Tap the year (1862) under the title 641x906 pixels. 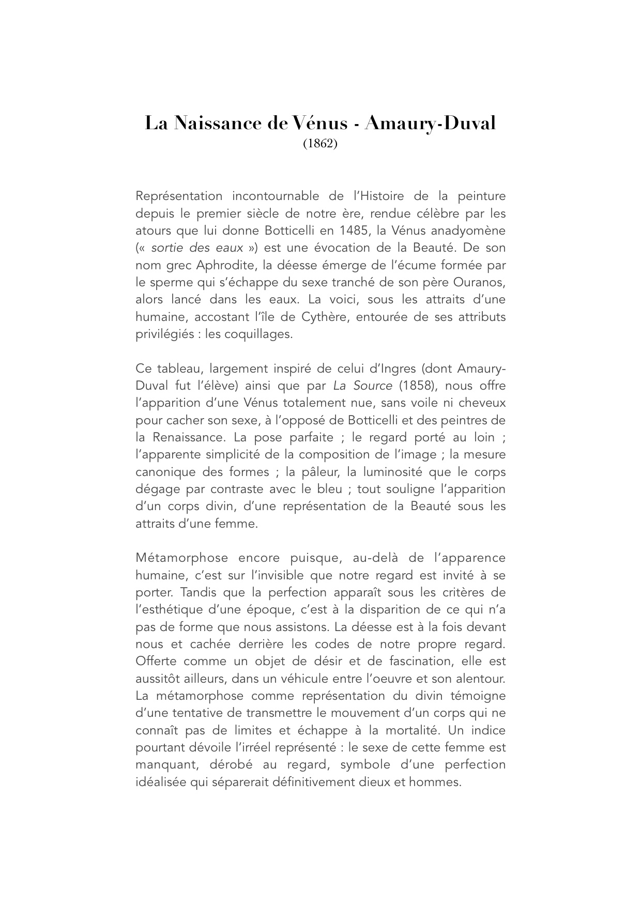pyautogui.click(x=320, y=144)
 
